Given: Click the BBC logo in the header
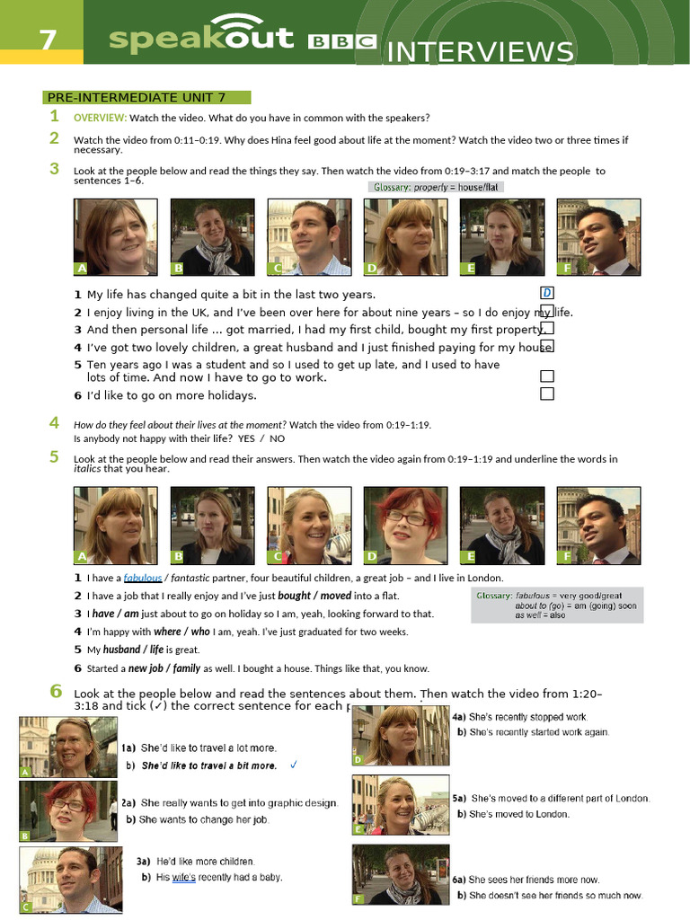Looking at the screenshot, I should [341, 41].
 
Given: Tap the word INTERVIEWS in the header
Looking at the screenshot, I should [479, 52].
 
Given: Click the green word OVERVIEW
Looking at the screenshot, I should [100, 118].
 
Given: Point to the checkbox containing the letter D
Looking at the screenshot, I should [547, 293].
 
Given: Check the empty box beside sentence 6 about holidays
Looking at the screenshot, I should [547, 394].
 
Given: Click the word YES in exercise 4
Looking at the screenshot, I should [246, 438].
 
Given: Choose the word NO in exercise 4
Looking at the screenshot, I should [277, 438].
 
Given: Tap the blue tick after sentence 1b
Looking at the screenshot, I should [293, 765].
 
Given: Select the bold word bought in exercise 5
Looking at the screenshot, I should [294, 596].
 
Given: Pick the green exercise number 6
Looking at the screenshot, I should [56, 691].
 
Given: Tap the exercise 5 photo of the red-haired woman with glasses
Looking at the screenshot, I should [402, 526].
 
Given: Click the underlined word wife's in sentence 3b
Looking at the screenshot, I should [183, 877].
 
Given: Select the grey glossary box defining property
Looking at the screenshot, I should [435, 187].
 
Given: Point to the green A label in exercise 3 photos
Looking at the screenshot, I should [82, 269].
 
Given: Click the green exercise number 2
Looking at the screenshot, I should [55, 137].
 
